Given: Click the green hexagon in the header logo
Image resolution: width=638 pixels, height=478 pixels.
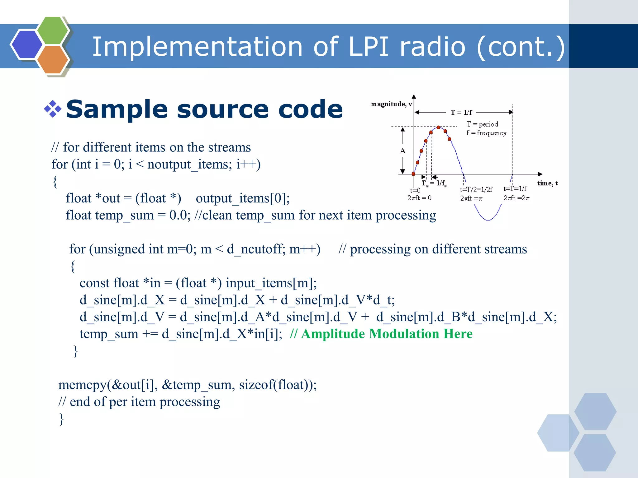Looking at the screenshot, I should tap(53, 30).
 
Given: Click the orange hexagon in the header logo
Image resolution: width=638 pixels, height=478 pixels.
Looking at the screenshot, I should tap(52, 59).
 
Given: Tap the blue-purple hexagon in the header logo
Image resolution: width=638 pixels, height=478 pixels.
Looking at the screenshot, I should tap(26, 44).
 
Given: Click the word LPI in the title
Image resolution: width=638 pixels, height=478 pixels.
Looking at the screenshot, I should tap(369, 47).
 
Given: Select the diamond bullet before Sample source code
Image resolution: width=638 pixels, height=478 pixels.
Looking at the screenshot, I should tap(53, 109).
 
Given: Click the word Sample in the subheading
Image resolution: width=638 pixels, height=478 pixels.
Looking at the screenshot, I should tap(117, 109).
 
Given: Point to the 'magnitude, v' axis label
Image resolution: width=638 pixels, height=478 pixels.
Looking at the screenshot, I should tap(391, 104).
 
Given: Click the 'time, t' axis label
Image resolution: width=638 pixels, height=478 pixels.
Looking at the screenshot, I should tap(547, 183).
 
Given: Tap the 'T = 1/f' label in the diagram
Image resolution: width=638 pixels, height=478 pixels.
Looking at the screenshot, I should tap(461, 112).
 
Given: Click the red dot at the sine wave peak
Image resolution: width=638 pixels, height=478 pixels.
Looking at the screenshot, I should tap(438, 128).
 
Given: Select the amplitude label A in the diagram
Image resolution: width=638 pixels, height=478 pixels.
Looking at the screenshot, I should tap(402, 151).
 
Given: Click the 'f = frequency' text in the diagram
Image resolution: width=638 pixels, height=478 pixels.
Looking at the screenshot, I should tap(486, 133).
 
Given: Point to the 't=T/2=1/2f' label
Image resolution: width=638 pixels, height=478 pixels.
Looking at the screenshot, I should tap(476, 189).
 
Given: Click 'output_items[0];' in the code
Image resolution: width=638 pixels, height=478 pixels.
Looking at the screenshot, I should tap(243, 198).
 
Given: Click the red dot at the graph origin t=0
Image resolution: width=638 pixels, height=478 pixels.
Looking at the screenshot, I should tap(413, 174).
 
